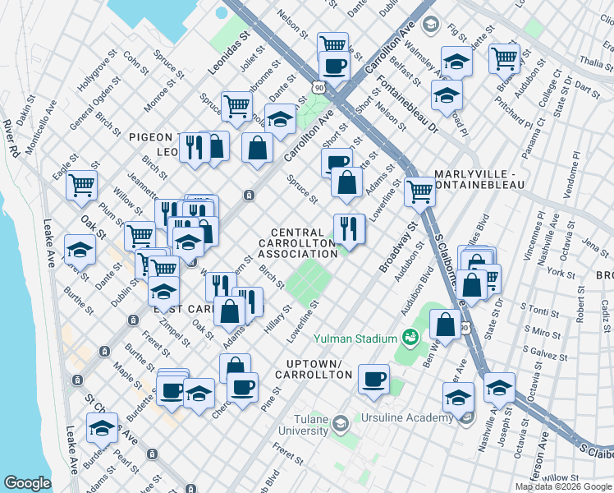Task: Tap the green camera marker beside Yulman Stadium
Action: click(410, 337)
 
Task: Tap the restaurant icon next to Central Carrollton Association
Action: click(349, 228)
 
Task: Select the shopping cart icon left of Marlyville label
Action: click(419, 192)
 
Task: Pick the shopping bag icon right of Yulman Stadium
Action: click(445, 324)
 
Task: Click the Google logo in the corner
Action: click(27, 483)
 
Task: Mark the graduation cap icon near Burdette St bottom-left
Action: click(102, 428)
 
